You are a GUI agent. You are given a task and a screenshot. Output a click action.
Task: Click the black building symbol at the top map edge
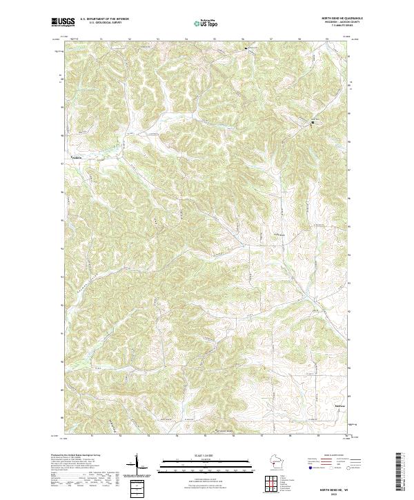(x=246, y=48)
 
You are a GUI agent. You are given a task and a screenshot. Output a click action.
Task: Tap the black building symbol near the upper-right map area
(x=313, y=123)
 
